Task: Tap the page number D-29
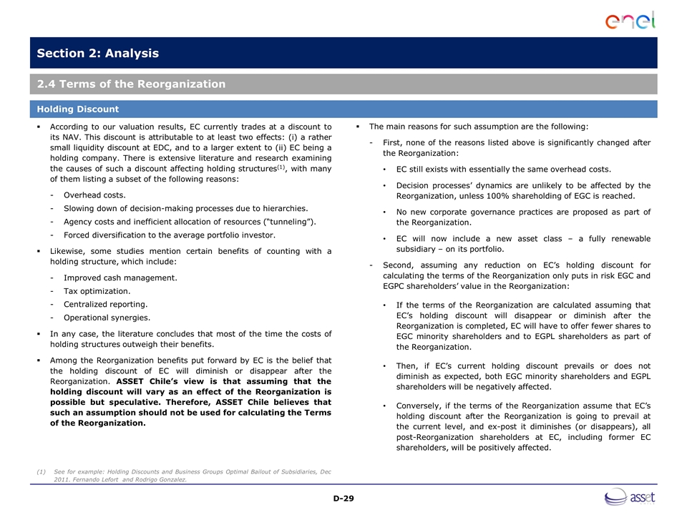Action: pos(343,498)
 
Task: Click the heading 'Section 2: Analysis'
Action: pos(98,54)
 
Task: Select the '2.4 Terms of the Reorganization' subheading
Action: pos(132,84)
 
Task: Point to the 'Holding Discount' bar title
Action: pos(78,109)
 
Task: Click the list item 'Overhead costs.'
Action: pos(94,195)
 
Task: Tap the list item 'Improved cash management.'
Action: pos(120,278)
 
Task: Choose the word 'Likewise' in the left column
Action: pos(69,251)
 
